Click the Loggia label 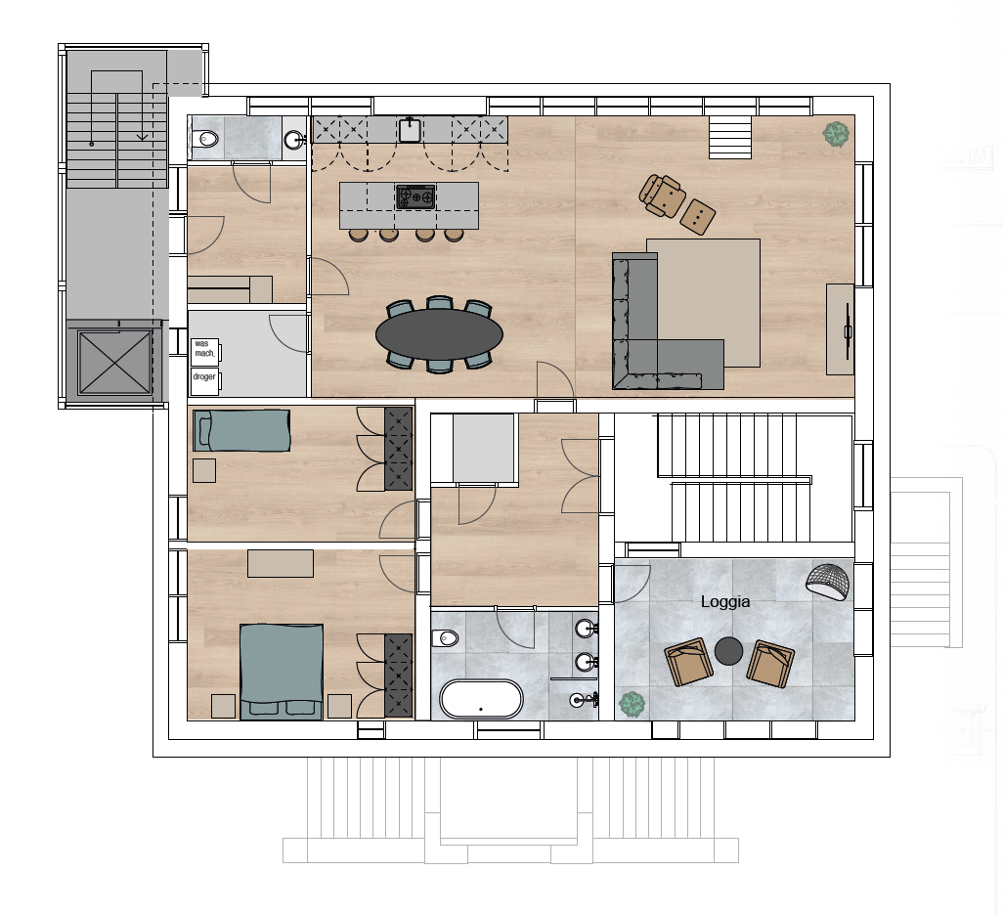725,601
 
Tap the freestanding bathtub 481,699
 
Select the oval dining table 440,334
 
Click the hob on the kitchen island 415,197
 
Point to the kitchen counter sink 410,130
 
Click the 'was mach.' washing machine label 204,349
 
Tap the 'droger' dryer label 204,376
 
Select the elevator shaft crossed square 114,362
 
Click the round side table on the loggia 728,651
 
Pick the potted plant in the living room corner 836,134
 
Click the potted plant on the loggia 632,705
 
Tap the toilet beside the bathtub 445,638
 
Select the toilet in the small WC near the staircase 205,138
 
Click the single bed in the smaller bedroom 241,431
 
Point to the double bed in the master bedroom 282,672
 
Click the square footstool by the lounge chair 697,216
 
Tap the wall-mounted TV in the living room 849,330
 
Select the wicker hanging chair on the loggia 829,582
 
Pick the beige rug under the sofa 704,303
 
